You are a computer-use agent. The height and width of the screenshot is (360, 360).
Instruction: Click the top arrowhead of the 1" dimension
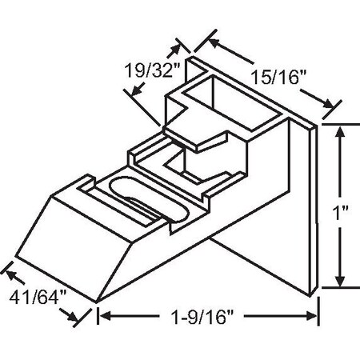point(342,130)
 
